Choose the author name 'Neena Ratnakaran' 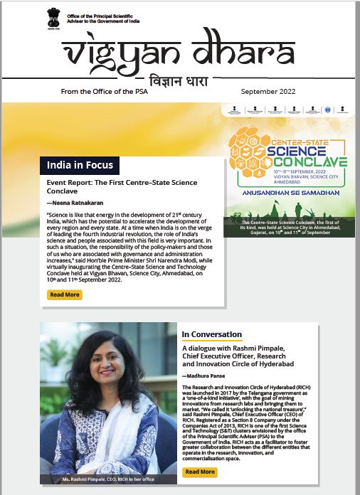[x=71, y=204]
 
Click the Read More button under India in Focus [x=64, y=294]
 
